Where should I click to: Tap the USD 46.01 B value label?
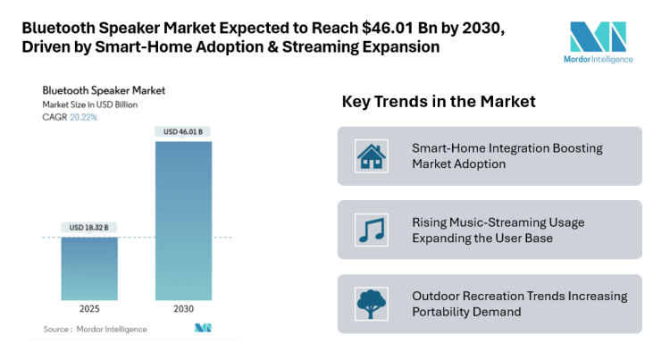[x=183, y=132]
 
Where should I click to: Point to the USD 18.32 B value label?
[x=89, y=228]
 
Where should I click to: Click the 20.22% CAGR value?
[x=83, y=116]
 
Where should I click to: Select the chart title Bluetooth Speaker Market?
[x=104, y=90]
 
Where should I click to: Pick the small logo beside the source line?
[x=203, y=329]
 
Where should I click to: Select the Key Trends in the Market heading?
[x=439, y=102]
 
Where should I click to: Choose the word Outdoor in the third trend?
[x=439, y=296]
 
